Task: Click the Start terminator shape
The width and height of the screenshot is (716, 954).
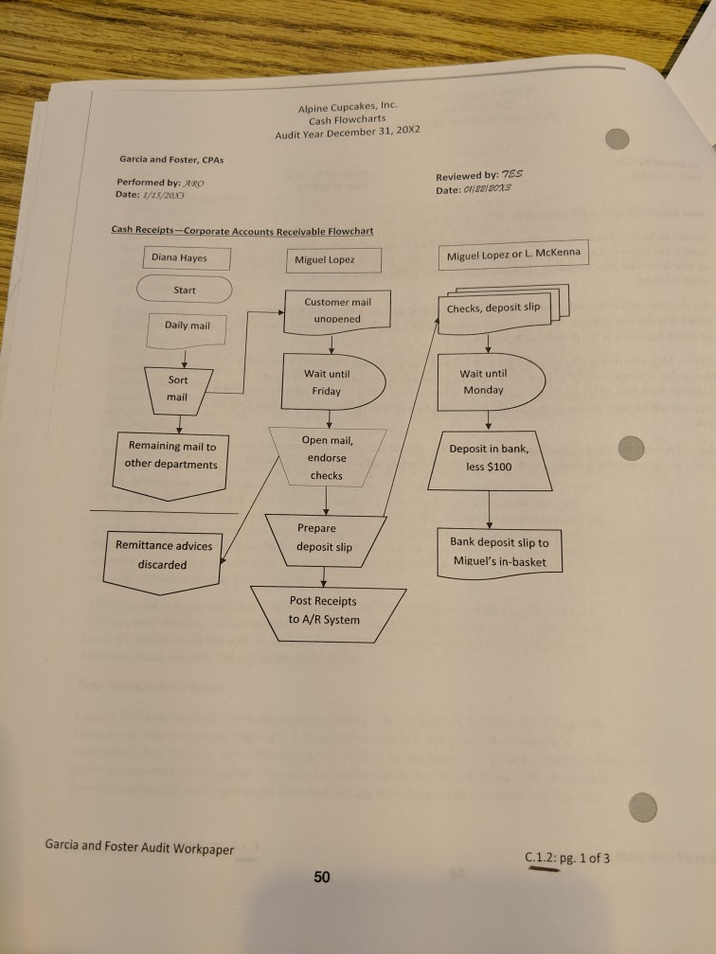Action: pos(185,290)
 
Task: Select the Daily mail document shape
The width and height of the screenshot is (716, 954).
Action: pos(188,327)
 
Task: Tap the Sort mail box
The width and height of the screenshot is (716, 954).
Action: pos(178,388)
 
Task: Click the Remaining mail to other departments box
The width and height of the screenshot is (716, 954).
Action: pos(171,457)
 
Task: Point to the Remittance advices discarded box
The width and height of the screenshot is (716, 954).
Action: pos(163,556)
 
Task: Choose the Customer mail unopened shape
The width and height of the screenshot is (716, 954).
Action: pos(337,311)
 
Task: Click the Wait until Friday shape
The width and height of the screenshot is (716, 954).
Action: pos(331,381)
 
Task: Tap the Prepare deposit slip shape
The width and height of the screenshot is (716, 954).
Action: pos(324,537)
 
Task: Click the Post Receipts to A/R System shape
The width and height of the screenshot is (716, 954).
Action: pos(325,610)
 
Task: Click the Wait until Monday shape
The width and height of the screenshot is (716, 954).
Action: pos(488,381)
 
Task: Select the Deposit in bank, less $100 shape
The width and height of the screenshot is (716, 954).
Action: pos(488,458)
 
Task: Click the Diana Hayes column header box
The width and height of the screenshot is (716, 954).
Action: pos(179,257)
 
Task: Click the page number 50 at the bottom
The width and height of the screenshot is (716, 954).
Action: pos(321,877)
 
